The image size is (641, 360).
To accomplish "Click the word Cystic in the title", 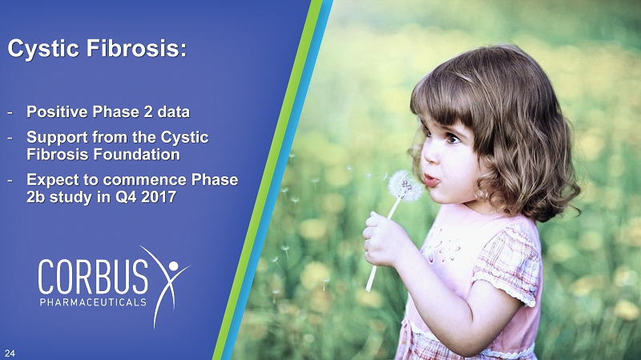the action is [x=43, y=49].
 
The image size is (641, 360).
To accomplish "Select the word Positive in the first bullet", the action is [x=58, y=111].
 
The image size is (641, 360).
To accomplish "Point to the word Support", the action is [x=57, y=138].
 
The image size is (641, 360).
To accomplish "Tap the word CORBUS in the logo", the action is [x=93, y=276].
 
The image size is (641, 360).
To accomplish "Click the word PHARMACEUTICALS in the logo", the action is [x=93, y=302].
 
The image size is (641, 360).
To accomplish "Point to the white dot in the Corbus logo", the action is [x=173, y=265].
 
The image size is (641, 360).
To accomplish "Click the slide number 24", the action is [x=10, y=354].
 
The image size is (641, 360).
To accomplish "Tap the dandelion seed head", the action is [x=405, y=186].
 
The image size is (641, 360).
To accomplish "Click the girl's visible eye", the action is [x=453, y=139].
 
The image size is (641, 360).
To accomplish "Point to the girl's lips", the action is [x=430, y=180].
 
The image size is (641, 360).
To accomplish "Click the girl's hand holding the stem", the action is [x=381, y=239].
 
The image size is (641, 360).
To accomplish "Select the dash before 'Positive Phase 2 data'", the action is [x=10, y=112].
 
